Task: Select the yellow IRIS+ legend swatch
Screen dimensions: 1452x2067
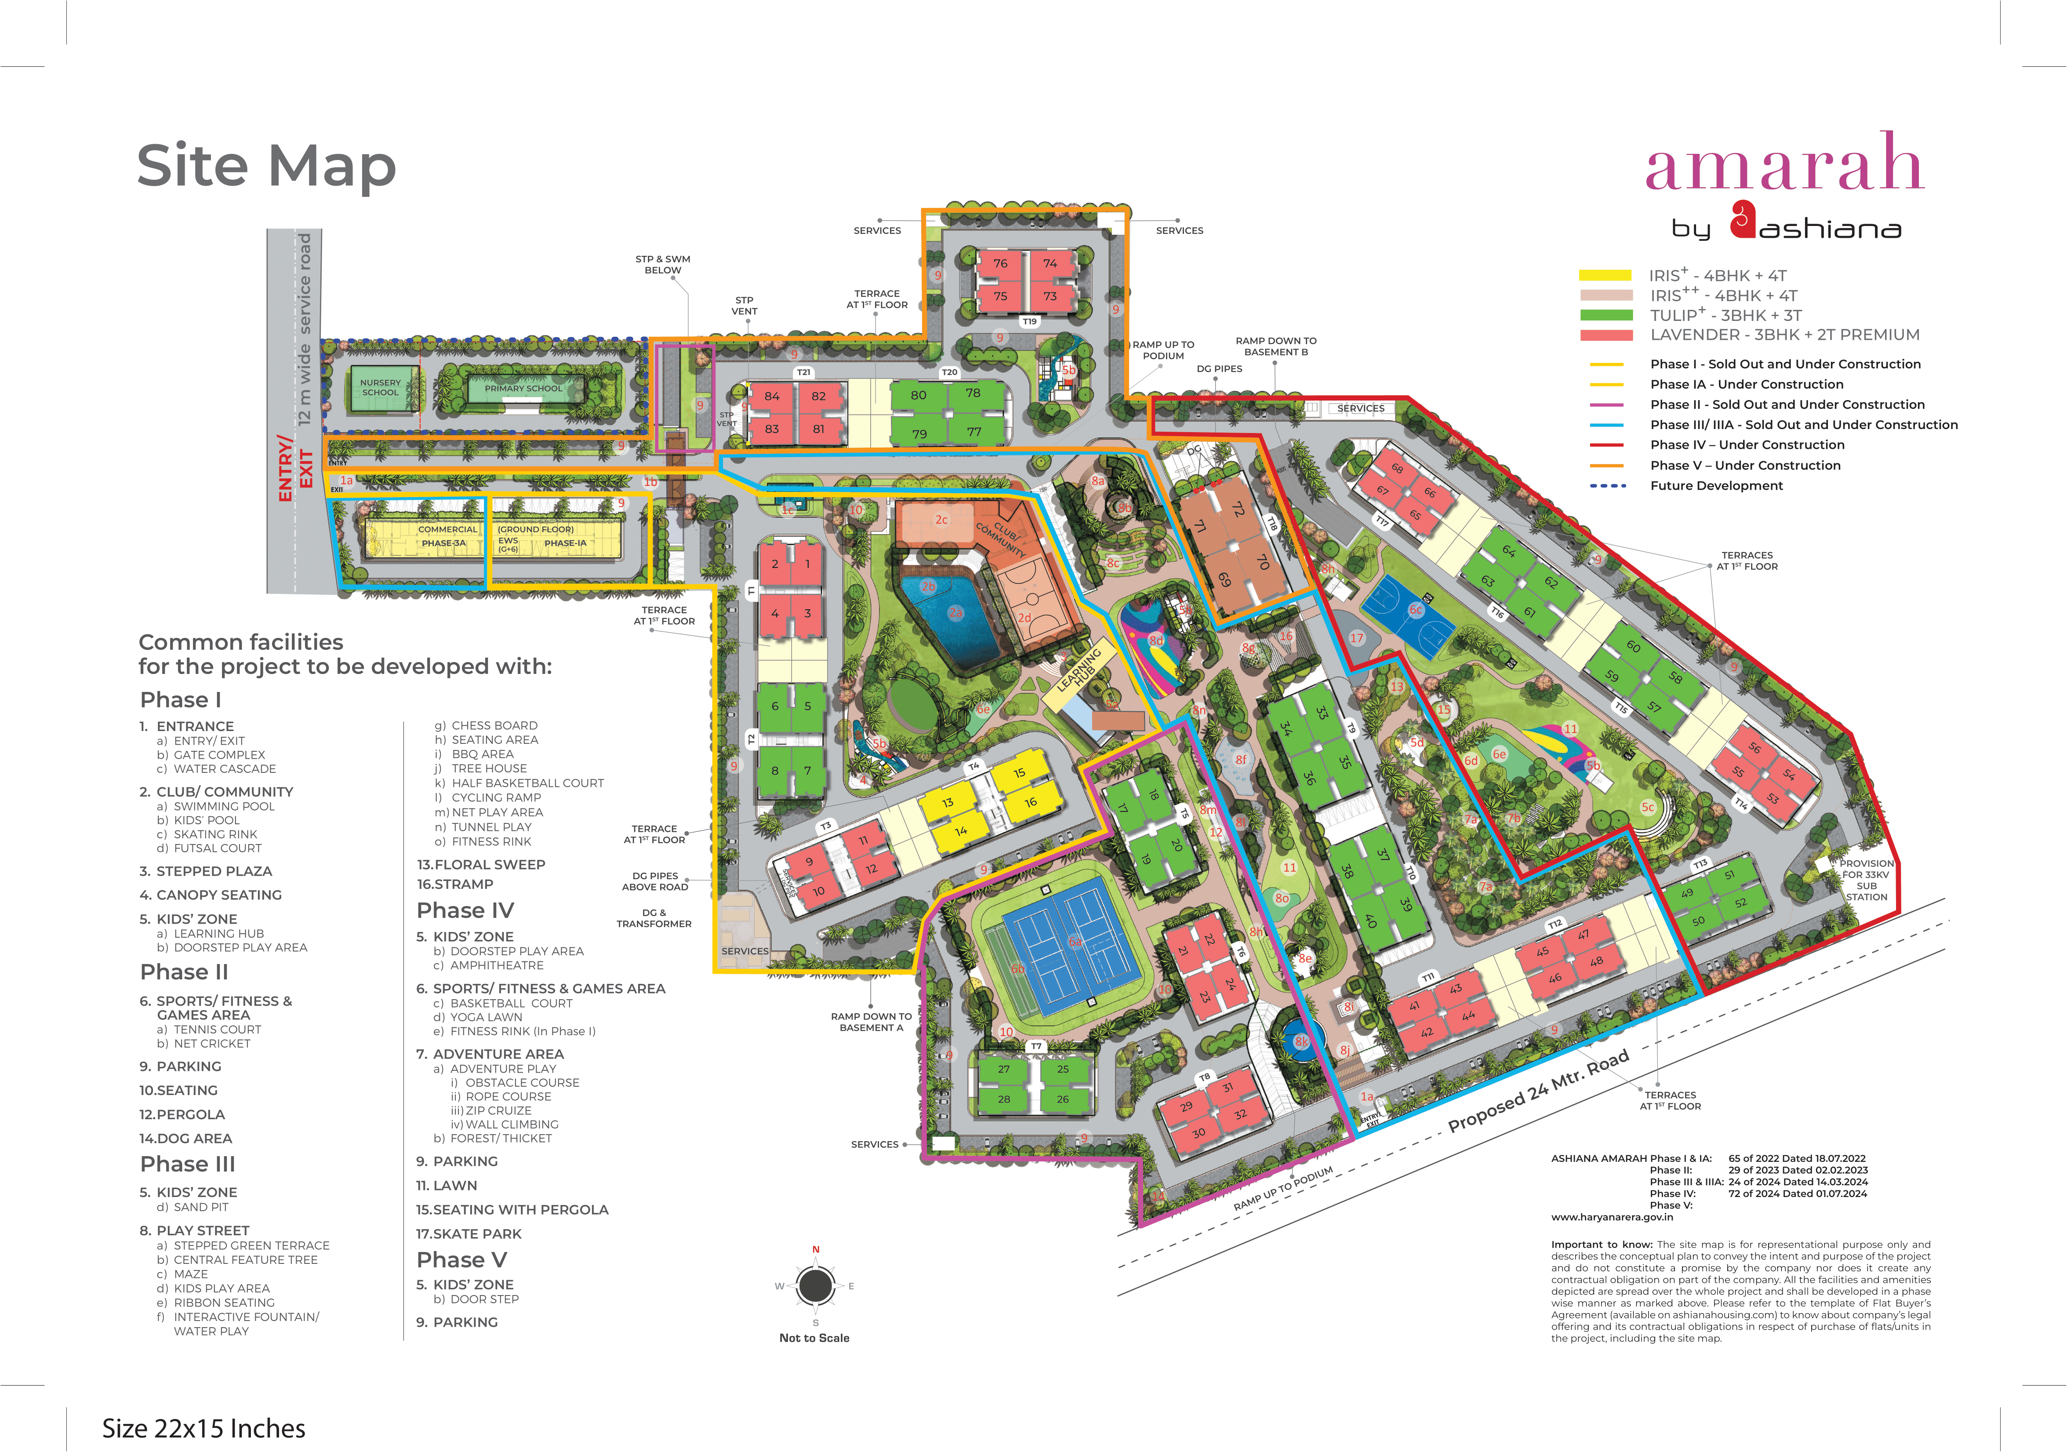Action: (x=1605, y=276)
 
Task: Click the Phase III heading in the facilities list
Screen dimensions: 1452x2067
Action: (x=187, y=1164)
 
